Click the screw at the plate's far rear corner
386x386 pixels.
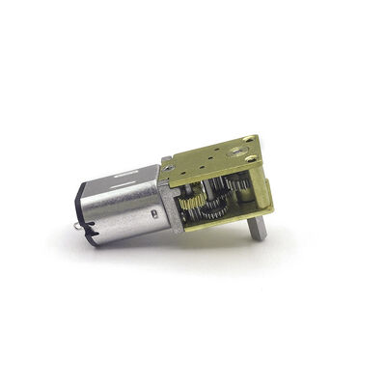pyautogui.click(x=250, y=140)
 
